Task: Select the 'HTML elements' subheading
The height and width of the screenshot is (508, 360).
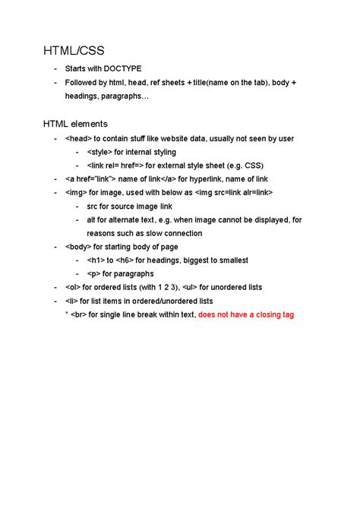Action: coord(75,123)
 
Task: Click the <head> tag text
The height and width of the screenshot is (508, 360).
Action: coord(78,139)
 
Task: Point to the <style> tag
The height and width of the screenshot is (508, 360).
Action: coord(99,152)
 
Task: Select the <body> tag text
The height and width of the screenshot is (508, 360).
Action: coord(79,247)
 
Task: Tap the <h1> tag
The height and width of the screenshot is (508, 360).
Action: coord(96,260)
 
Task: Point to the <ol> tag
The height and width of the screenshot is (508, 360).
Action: coord(74,287)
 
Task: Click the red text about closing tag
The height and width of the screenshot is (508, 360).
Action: coord(245,314)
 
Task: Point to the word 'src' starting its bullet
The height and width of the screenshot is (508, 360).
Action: coord(93,206)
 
